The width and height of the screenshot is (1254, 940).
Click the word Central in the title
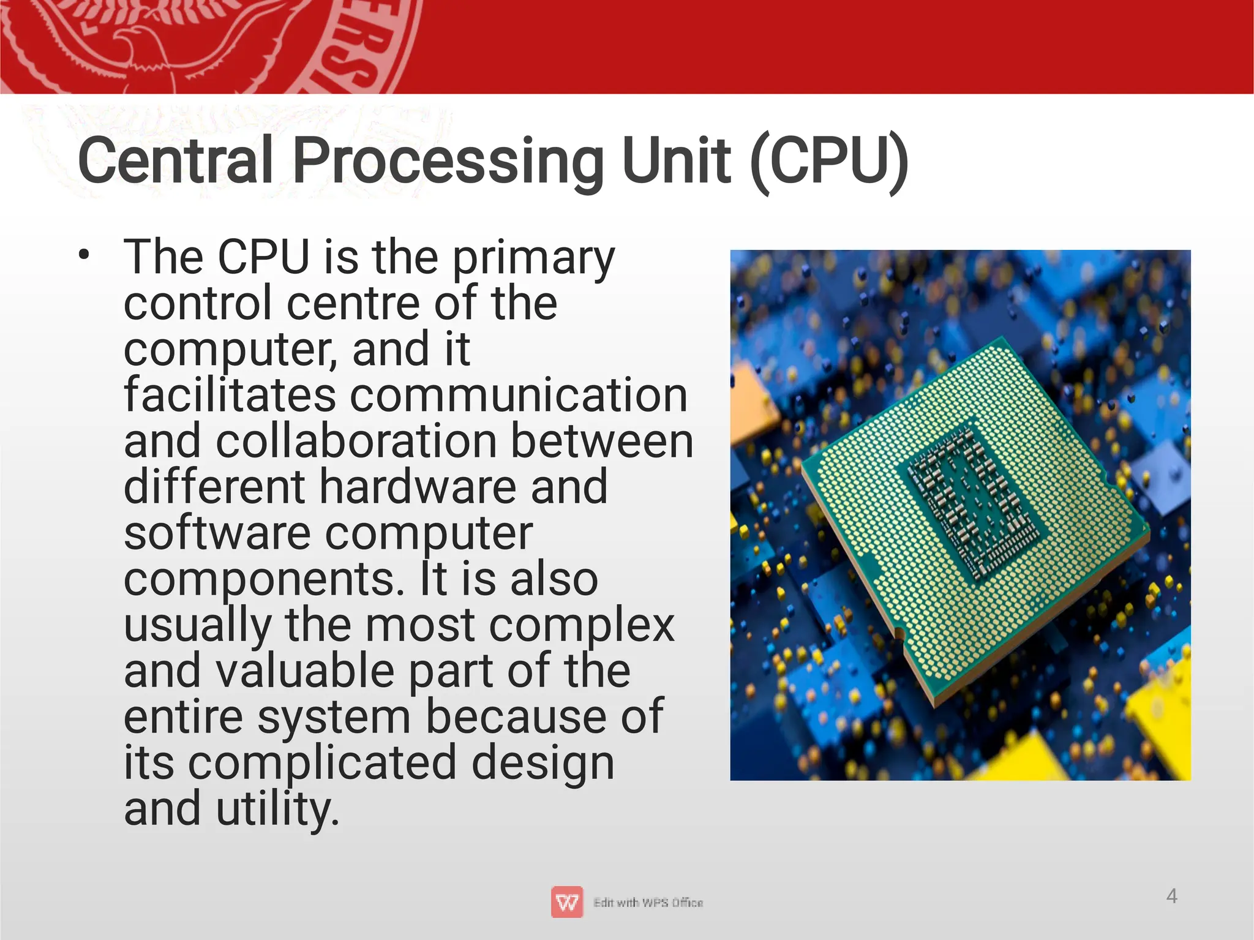pyautogui.click(x=175, y=160)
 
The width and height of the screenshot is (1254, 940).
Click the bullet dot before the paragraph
pyautogui.click(x=84, y=255)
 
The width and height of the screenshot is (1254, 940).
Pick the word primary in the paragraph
pyautogui.click(x=533, y=258)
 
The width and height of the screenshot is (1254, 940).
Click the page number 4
pyautogui.click(x=1171, y=897)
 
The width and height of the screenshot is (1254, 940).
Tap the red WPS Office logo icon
pyautogui.click(x=566, y=902)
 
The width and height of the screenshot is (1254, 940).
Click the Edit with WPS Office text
pyautogui.click(x=648, y=903)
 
